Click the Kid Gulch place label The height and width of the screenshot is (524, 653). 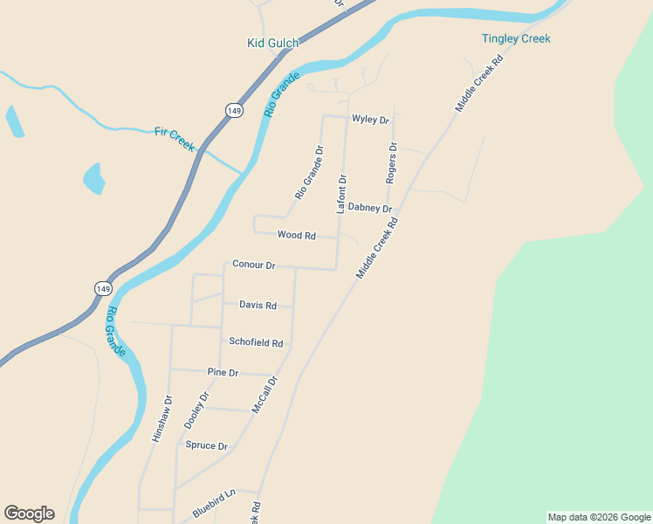[272, 43]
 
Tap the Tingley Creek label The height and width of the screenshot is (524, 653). [516, 38]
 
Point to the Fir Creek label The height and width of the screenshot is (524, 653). [175, 138]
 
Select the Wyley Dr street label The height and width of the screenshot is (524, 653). [369, 119]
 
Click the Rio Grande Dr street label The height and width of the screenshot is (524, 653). [309, 172]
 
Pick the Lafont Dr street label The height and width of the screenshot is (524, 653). [342, 194]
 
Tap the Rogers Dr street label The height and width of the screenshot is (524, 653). [392, 162]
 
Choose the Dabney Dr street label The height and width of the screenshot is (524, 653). [369, 208]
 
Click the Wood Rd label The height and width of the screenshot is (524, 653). [296, 235]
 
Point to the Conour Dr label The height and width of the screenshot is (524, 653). [253, 265]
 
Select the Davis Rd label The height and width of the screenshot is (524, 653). [258, 306]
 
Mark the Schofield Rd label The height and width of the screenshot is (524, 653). [255, 343]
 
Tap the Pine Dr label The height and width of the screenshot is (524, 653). [223, 372]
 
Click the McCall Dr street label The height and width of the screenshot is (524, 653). [264, 395]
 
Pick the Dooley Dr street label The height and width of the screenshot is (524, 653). [197, 410]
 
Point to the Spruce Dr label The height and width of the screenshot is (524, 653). [206, 445]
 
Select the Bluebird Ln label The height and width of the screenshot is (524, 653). [214, 494]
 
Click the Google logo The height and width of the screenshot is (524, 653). [29, 514]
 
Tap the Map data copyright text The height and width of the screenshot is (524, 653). [599, 517]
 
